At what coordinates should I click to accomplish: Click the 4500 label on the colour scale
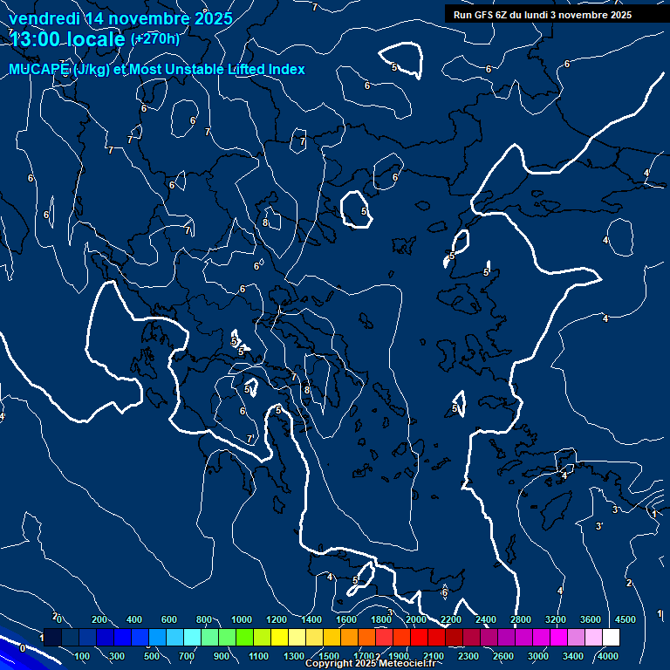pos(625,619)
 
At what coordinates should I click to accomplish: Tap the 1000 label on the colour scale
pos(241,619)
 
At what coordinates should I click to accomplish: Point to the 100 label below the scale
pos(83,655)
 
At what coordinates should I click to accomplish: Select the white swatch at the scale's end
pos(611,638)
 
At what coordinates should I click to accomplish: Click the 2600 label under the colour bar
pos(503,655)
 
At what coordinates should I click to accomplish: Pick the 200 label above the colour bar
pos(99,619)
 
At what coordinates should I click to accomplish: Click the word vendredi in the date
pos(41,18)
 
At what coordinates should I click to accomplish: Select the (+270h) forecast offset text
pos(154,39)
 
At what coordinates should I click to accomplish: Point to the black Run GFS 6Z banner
pos(542,14)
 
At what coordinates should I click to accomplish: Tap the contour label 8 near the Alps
pos(265,222)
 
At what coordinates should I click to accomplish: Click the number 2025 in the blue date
pos(213,18)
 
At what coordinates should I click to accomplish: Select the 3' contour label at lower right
pos(598,526)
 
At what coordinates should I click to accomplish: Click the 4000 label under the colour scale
pos(608,655)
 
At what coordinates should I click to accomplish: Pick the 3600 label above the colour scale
pos(590,619)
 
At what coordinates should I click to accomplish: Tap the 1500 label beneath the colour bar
pos(329,655)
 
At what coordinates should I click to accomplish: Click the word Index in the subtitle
pos(284,70)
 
